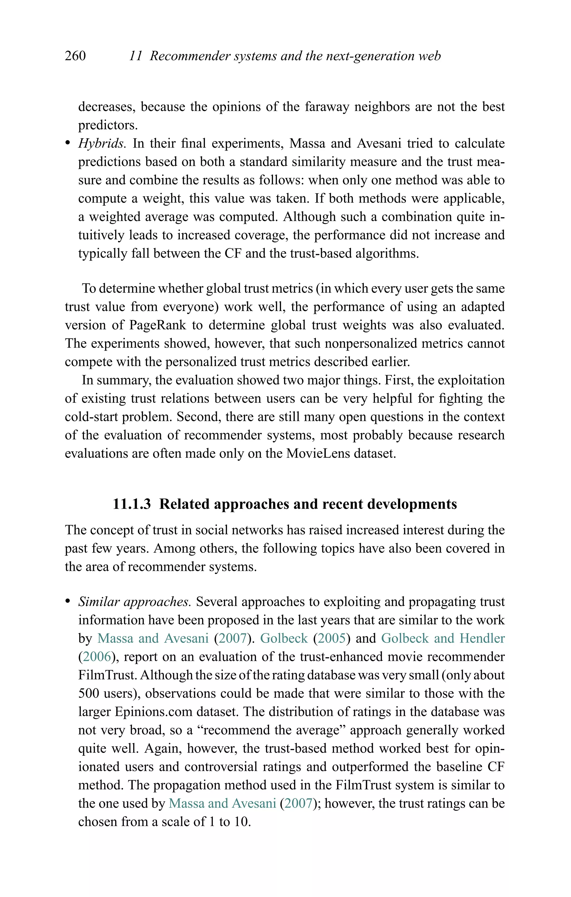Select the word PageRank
pyautogui.click(x=157, y=325)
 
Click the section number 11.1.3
pyautogui.click(x=132, y=504)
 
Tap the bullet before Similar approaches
pyautogui.click(x=67, y=602)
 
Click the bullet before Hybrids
pyautogui.click(x=67, y=144)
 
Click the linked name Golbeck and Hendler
pyautogui.click(x=443, y=639)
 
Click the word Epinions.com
pyautogui.click(x=154, y=712)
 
